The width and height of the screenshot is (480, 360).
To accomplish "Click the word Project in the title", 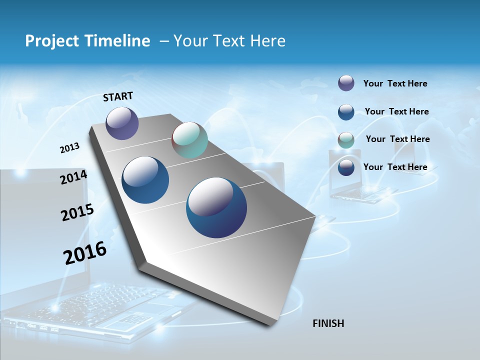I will coord(50,41).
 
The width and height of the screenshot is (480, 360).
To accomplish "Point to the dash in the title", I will coord(163,41).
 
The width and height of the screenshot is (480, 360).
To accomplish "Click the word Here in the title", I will coord(267,41).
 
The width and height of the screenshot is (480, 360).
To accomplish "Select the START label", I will coord(118,96).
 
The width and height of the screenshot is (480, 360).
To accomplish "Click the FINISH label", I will coord(328,323).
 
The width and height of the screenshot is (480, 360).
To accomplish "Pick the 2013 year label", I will coord(70,148).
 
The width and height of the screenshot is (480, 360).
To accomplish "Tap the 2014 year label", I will coord(74,177).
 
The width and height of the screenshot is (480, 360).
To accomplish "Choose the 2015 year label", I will coord(77,212).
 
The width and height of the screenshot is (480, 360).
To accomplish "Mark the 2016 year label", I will coord(85,253).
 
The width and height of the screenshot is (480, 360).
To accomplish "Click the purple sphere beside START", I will coord(122,123).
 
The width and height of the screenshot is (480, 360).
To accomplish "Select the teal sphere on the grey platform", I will coord(189,140).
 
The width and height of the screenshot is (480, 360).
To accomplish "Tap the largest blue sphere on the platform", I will coord(216,207).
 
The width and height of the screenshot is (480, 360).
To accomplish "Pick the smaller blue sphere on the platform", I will coord(145,180).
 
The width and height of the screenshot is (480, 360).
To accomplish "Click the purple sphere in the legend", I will coord(346,83).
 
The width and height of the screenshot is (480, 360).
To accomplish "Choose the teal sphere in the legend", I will coord(346,140).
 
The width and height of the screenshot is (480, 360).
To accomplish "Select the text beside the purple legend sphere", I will coord(395,83).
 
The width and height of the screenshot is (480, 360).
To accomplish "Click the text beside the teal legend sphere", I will coord(397,139).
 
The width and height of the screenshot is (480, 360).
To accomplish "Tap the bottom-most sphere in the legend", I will coord(346,167).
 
